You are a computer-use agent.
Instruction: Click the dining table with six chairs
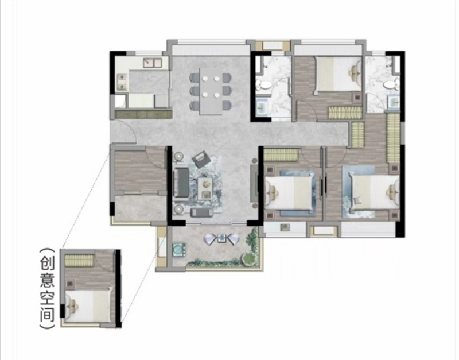(211, 91)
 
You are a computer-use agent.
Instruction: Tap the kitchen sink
(153, 63)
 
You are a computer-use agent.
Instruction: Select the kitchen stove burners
(121, 82)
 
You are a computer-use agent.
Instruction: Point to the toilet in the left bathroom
(264, 85)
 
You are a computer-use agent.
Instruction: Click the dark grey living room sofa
(181, 182)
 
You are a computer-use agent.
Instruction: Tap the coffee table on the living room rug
(205, 189)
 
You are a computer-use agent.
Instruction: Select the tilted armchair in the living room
(201, 159)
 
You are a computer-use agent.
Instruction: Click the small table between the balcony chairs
(222, 238)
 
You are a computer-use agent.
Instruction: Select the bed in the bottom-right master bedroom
(374, 192)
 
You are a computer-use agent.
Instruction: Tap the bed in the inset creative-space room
(89, 306)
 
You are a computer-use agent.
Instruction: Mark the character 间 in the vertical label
(48, 314)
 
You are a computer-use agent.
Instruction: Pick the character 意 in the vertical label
(48, 279)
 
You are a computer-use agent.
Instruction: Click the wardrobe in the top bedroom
(345, 113)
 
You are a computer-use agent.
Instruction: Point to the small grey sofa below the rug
(201, 212)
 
